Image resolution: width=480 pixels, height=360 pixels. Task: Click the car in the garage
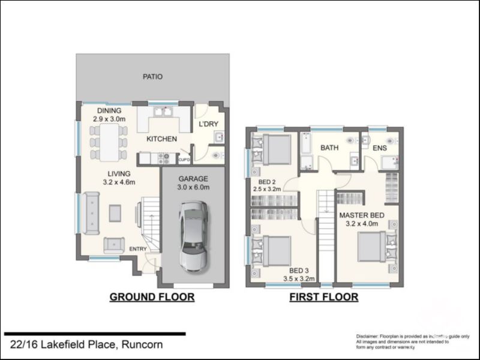pos(193,235)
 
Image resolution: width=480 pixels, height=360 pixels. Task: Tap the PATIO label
pos(152,77)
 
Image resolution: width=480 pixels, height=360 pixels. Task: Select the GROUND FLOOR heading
pos(151,297)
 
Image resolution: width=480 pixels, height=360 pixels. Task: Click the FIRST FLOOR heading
pos(324,297)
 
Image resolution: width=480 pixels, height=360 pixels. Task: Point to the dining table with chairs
pos(109,142)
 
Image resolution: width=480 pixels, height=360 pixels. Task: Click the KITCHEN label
pos(162,139)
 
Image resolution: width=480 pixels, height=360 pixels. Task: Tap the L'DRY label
pos(208,124)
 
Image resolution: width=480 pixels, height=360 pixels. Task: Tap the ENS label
pos(379,147)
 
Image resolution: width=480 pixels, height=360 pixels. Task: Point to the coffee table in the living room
pos(114,212)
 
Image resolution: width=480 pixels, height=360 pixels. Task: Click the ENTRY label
pos(137,249)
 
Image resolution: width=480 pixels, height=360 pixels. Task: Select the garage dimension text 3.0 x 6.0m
pos(193,187)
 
